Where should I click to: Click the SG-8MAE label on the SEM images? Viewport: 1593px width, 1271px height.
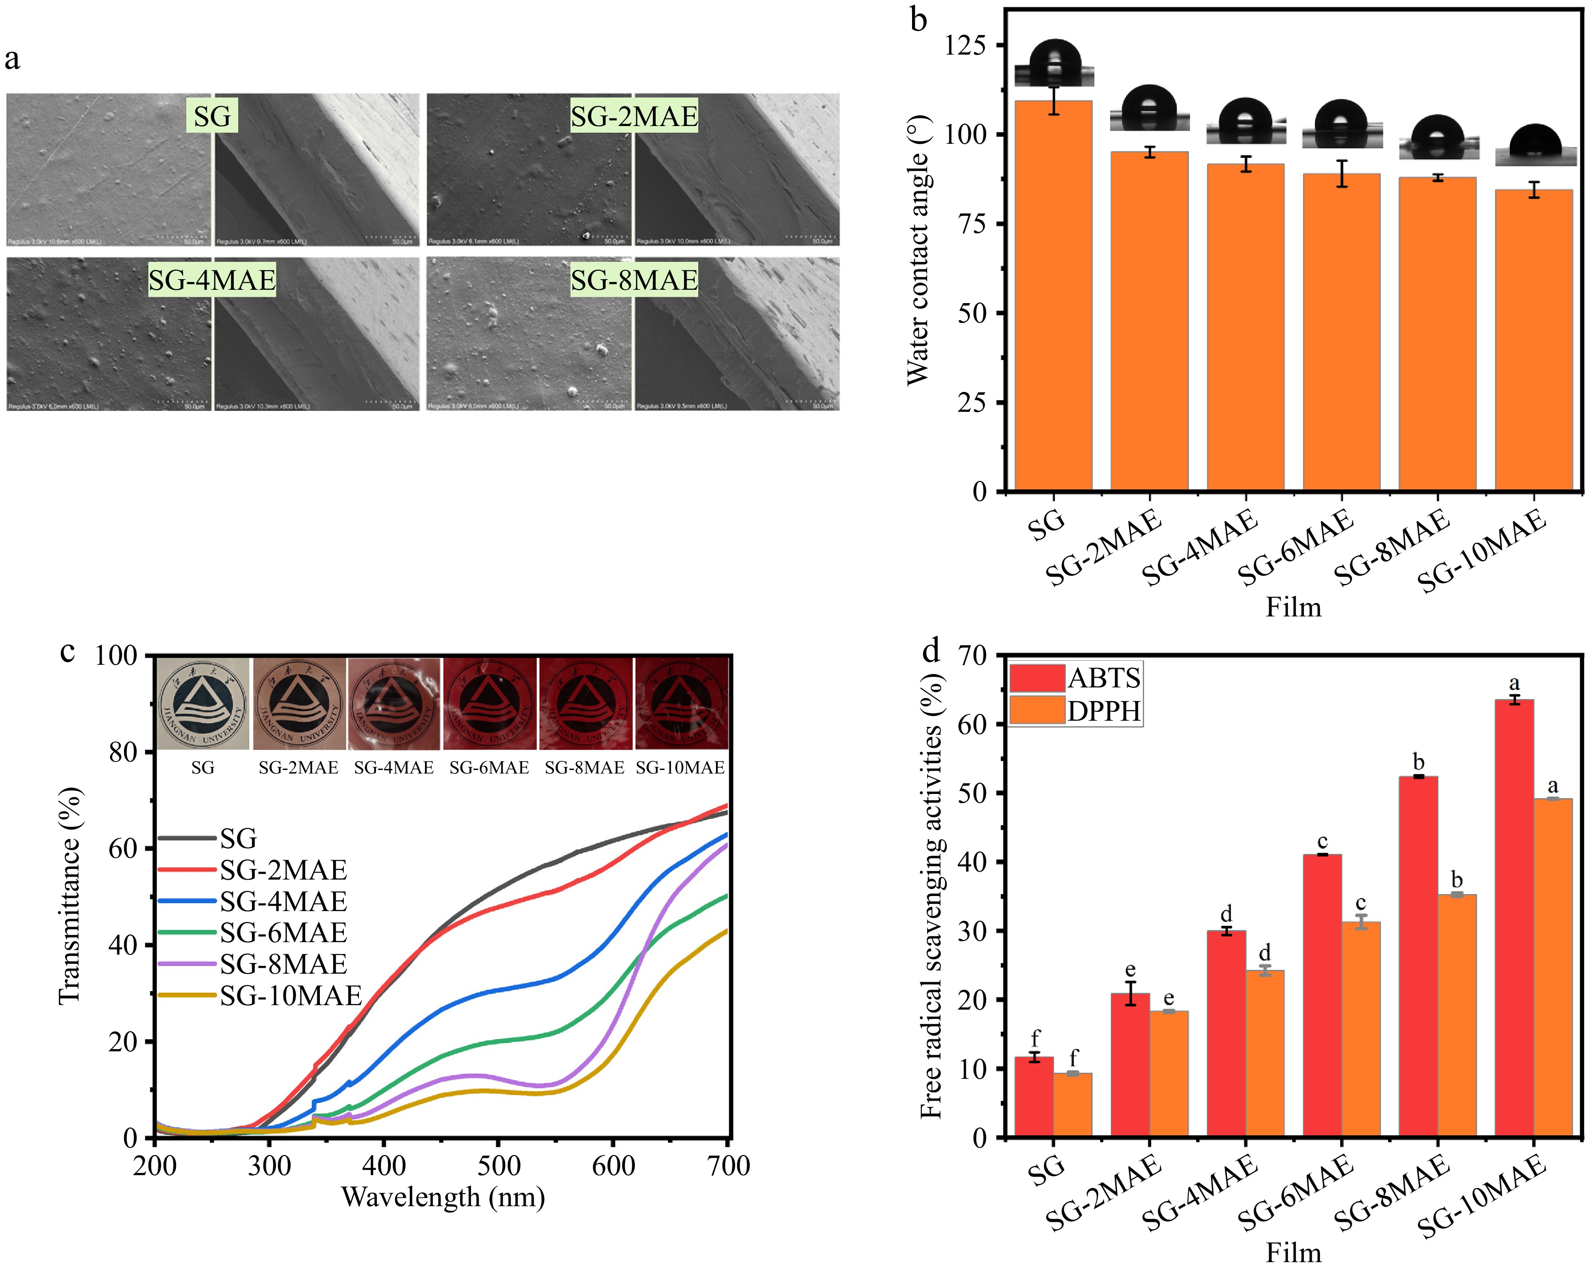634,280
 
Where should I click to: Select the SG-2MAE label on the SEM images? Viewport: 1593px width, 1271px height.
634,116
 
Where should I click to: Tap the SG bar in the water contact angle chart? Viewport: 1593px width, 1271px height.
1053,296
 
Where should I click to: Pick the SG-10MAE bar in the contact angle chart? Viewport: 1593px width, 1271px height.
1534,340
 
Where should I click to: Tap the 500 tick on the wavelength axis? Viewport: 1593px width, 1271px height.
499,1166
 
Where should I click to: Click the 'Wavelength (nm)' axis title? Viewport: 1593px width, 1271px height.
443,1196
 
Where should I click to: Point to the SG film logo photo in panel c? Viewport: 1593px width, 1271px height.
203,703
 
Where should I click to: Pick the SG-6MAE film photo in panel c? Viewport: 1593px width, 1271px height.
489,703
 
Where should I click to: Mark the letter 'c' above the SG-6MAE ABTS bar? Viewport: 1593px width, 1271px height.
1322,842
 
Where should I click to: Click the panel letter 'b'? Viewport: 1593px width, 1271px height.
918,20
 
